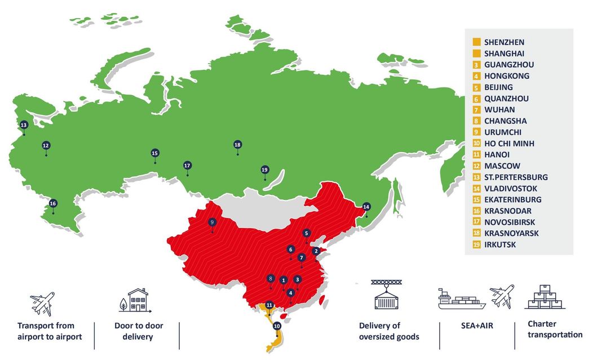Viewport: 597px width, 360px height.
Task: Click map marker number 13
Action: pyautogui.click(x=24, y=125)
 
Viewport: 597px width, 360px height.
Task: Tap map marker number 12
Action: pyautogui.click(x=46, y=145)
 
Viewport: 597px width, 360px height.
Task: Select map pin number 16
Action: pyautogui.click(x=53, y=203)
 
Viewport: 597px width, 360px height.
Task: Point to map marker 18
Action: pyautogui.click(x=237, y=145)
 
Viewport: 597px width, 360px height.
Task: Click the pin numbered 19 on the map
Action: pyautogui.click(x=265, y=170)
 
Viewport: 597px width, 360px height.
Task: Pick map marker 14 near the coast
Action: pyautogui.click(x=366, y=206)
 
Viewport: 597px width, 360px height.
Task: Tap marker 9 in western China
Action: pyautogui.click(x=213, y=222)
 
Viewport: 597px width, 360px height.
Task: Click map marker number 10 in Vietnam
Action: pyautogui.click(x=277, y=326)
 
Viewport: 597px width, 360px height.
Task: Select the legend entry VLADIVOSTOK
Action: pyautogui.click(x=511, y=189)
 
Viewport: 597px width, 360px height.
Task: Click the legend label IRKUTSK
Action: pyautogui.click(x=500, y=245)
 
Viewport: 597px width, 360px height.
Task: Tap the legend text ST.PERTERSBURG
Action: pyautogui.click(x=516, y=177)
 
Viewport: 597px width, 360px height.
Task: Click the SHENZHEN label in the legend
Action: pyautogui.click(x=504, y=42)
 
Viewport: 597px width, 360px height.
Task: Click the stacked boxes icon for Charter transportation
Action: pyautogui.click(x=545, y=297)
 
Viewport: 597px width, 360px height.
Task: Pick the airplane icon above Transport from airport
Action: pyautogui.click(x=42, y=304)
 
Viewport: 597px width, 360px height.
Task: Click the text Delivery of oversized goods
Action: pyautogui.click(x=389, y=331)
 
